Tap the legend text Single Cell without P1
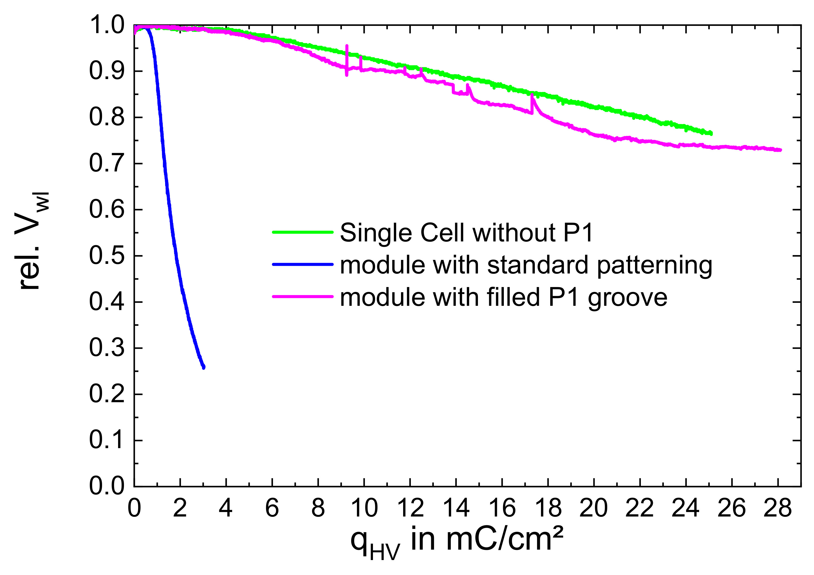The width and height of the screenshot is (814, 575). point(466,233)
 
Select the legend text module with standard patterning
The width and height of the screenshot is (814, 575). point(526,265)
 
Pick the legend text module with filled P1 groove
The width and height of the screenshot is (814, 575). point(503,297)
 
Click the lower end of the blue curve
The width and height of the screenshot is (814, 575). point(204,367)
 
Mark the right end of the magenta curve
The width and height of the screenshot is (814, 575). point(780,150)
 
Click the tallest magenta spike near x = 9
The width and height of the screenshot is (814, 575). point(347,46)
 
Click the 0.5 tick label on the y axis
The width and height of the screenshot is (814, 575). point(106,256)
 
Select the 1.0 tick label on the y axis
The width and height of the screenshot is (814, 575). point(106,26)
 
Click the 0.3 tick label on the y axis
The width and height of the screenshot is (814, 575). point(106,348)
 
